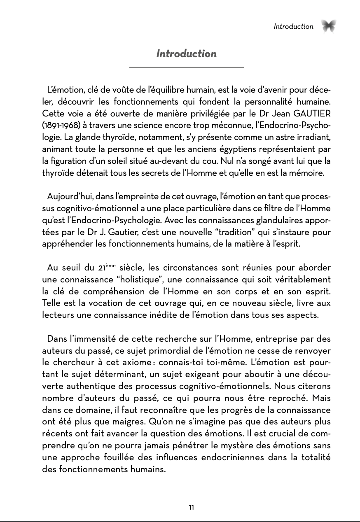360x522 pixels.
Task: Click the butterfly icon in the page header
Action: click(329, 26)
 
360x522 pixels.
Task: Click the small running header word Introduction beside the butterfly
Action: click(293, 26)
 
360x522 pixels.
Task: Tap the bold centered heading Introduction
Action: click(186, 54)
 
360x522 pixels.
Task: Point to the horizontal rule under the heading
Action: click(186, 67)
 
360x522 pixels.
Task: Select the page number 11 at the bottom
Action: click(191, 508)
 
